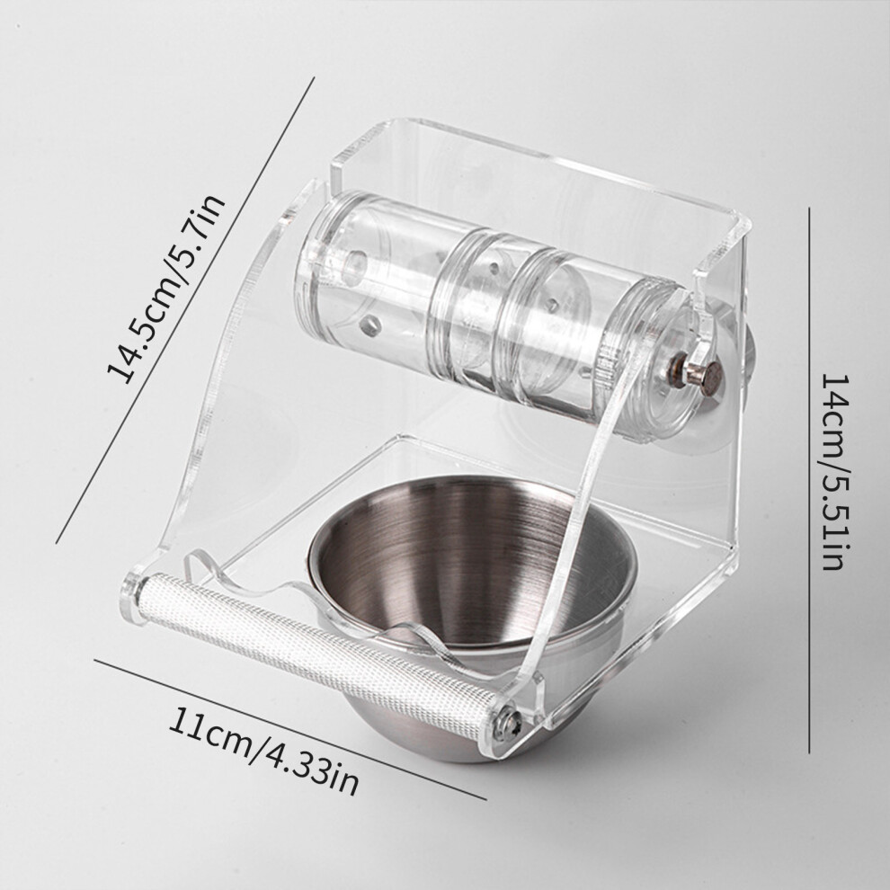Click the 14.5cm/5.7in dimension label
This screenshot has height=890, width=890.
click(x=167, y=288)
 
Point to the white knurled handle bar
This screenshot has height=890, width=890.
click(x=318, y=655)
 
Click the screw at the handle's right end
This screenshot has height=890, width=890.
click(x=509, y=725)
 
